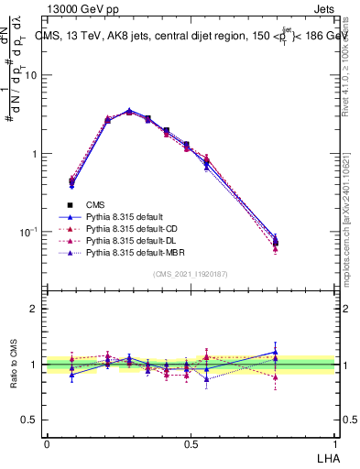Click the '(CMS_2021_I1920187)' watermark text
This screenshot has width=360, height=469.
[x=191, y=274]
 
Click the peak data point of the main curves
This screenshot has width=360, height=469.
[x=129, y=111]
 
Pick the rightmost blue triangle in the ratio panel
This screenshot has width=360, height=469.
[x=276, y=351]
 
